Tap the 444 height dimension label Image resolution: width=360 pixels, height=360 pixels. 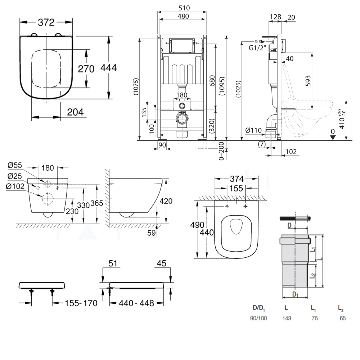(x=109, y=67)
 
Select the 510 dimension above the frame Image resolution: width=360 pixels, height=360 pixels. (x=182, y=8)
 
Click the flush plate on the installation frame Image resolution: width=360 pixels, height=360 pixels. (x=182, y=45)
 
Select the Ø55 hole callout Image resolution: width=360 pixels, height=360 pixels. (x=14, y=165)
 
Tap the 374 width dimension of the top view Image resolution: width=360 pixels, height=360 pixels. (x=236, y=179)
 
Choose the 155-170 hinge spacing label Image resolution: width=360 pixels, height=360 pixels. (x=81, y=303)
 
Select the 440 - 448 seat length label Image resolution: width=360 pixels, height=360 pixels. (x=136, y=303)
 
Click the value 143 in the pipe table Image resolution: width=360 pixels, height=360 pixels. (x=287, y=318)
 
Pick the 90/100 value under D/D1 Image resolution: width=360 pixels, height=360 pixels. (x=258, y=318)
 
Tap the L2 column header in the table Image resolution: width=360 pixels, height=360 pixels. (x=341, y=308)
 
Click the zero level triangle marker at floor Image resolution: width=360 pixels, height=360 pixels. (x=333, y=137)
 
